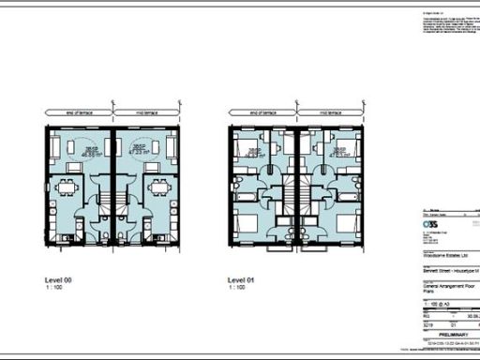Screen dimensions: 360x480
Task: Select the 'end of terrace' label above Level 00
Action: click(77, 112)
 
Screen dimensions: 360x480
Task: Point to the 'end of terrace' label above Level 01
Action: click(263, 112)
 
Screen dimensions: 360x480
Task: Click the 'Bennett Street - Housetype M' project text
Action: click(448, 269)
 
